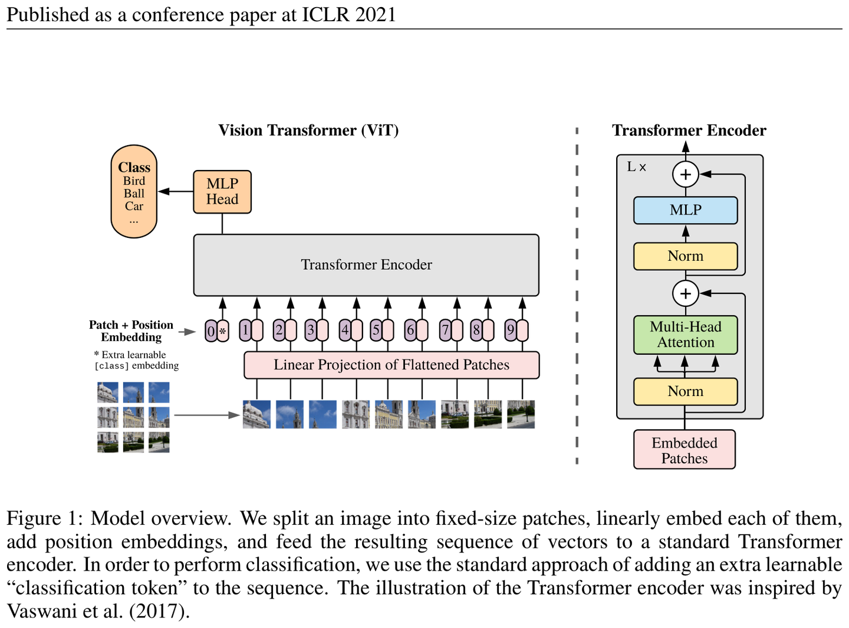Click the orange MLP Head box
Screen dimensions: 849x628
pos(222,192)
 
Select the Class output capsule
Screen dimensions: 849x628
pos(134,191)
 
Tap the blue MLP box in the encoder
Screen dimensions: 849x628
pos(685,210)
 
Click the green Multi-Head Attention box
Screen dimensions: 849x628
pos(685,335)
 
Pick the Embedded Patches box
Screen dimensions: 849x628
pos(684,449)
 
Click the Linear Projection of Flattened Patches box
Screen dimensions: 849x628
pos(391,365)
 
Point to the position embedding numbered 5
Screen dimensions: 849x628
pos(376,331)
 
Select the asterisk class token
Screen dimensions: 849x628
pos(223,331)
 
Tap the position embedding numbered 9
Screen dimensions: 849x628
pos(510,331)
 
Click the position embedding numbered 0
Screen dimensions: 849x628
pos(211,331)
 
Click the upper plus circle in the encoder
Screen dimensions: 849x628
pos(685,174)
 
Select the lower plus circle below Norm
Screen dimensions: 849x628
pos(685,293)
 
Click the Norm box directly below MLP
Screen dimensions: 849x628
pos(685,256)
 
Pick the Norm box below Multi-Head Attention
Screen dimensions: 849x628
pos(685,391)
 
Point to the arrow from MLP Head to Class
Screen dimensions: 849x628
pos(176,191)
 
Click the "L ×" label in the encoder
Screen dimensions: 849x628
pos(636,166)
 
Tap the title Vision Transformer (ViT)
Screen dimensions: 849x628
pos(308,130)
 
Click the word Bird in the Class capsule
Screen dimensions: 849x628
pos(134,181)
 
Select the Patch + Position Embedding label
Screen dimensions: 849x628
pos(131,331)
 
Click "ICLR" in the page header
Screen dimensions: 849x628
pos(325,15)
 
